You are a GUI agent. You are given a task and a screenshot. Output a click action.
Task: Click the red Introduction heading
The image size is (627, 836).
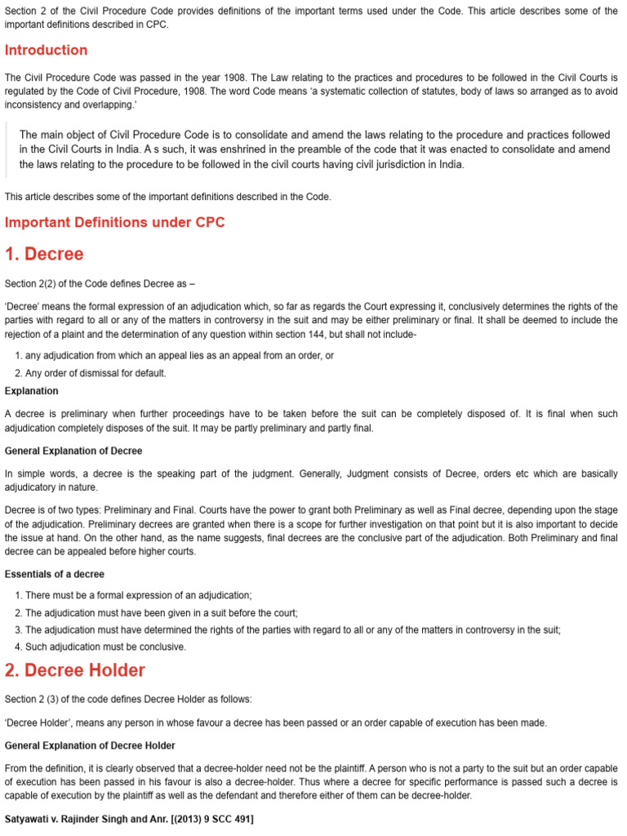pyautogui.click(x=46, y=50)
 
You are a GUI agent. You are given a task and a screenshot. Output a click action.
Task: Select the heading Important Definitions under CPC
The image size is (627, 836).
pyautogui.click(x=114, y=222)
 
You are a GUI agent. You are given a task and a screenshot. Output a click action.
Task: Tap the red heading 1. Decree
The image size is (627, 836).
pyautogui.click(x=44, y=254)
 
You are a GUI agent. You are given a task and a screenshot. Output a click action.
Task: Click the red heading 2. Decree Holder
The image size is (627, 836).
pyautogui.click(x=75, y=670)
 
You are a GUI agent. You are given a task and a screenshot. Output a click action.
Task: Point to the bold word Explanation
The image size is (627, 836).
pyautogui.click(x=31, y=391)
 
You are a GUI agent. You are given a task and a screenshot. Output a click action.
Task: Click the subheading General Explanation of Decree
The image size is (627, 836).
pyautogui.click(x=73, y=451)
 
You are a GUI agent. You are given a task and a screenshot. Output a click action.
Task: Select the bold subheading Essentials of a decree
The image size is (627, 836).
pyautogui.click(x=55, y=574)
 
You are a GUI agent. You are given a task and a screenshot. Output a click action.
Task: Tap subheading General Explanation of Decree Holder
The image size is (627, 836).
pyautogui.click(x=90, y=745)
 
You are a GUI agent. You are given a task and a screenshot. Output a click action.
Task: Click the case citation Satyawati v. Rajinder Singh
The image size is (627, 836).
pyautogui.click(x=129, y=819)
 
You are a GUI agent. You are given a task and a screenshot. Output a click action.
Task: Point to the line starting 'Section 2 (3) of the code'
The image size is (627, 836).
pyautogui.click(x=128, y=699)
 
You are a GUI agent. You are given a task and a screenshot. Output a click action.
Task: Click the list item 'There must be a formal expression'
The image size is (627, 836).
pyautogui.click(x=139, y=595)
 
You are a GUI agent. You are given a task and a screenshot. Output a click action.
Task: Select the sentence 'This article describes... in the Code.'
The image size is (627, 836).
pyautogui.click(x=167, y=197)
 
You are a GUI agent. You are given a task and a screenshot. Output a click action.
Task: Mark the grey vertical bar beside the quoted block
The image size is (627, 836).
pyautogui.click(x=7, y=149)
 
